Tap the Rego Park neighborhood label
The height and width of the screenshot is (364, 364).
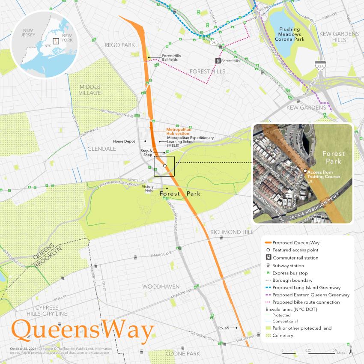click(x=119, y=45)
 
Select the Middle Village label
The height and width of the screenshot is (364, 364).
click(x=90, y=90)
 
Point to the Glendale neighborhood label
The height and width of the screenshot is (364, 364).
click(x=101, y=149)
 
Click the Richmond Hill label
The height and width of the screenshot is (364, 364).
click(x=232, y=232)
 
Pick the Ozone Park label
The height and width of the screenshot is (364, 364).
click(x=183, y=354)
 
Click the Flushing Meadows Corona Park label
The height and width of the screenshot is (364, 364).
click(x=289, y=34)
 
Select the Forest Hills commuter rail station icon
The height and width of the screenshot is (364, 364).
click(x=218, y=61)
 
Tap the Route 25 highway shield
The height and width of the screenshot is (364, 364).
click(x=213, y=42)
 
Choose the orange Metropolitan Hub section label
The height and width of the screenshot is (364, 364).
click(x=178, y=131)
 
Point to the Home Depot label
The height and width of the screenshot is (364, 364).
click(x=124, y=141)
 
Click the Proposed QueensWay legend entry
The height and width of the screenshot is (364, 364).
click(x=295, y=242)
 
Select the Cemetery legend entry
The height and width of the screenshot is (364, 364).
click(x=283, y=336)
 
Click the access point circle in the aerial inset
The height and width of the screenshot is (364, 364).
click(x=305, y=171)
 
